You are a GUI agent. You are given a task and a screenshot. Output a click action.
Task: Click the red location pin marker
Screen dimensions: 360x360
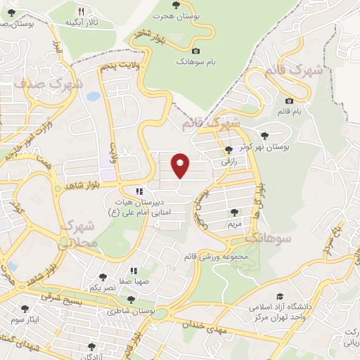(x=180, y=165)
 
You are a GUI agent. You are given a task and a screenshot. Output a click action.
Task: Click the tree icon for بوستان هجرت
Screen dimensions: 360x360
(x=175, y=5)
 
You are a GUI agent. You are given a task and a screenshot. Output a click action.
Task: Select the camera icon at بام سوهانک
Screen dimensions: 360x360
(x=195, y=51)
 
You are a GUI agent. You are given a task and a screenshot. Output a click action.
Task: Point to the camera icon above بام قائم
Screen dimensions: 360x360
(x=289, y=101)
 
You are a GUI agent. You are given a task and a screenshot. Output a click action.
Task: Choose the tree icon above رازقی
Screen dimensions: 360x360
(x=228, y=149)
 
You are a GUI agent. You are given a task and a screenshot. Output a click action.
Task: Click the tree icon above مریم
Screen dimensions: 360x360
(x=233, y=212)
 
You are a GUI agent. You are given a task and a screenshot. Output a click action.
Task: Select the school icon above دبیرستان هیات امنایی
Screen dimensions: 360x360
(x=139, y=191)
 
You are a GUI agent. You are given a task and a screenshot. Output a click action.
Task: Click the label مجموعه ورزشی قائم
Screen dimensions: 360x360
(x=214, y=256)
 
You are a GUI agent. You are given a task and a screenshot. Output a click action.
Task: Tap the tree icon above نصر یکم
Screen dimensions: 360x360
(x=103, y=278)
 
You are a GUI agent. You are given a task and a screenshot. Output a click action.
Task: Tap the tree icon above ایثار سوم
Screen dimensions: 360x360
(x=25, y=308)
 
